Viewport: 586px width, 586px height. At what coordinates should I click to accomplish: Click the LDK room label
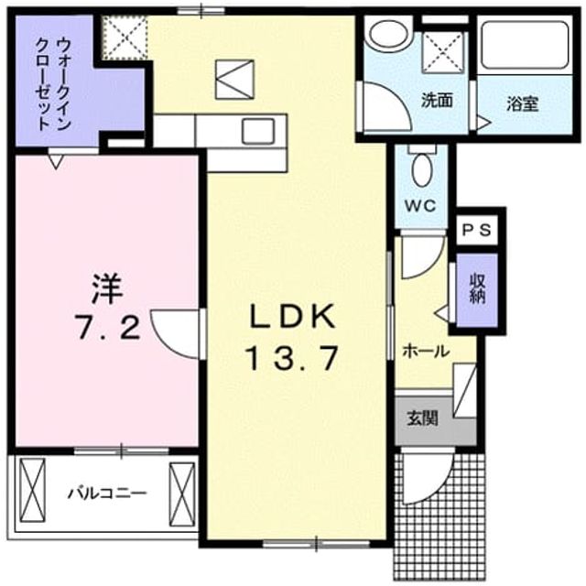point(292,317)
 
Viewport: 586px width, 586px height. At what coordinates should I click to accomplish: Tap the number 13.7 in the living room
point(292,358)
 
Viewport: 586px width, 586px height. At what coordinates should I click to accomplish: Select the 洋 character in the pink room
point(107,288)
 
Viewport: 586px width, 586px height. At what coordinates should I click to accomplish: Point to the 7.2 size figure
point(109,326)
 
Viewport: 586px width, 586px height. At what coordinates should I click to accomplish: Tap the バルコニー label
point(107,494)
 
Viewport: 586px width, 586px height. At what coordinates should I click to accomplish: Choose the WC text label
point(421,205)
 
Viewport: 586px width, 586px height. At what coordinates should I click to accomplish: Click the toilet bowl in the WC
point(422,169)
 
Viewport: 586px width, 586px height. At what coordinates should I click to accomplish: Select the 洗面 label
point(437,100)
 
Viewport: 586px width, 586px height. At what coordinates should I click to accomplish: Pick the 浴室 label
point(523,103)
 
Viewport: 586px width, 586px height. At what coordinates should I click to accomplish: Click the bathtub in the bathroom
point(525,45)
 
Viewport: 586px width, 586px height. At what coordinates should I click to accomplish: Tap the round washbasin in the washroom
point(389,34)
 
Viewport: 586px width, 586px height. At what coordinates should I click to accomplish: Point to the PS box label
point(476,230)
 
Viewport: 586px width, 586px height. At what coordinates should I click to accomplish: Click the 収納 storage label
point(477,288)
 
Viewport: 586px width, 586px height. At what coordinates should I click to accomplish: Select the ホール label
point(425,351)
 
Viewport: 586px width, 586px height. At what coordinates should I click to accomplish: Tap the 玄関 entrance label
point(422,418)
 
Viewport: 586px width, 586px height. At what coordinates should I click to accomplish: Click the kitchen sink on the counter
point(258,131)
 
